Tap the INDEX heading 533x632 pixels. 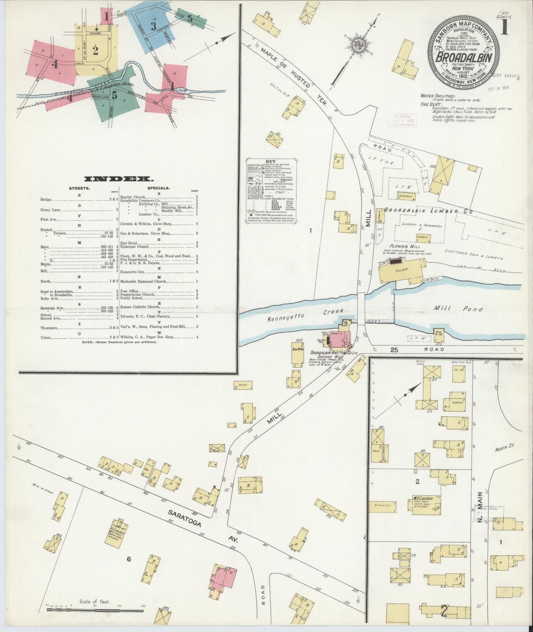[119, 179]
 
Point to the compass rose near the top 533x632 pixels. [357, 46]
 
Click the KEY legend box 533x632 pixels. [271, 191]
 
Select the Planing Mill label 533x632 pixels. [404, 246]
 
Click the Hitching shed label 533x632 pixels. [382, 505]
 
